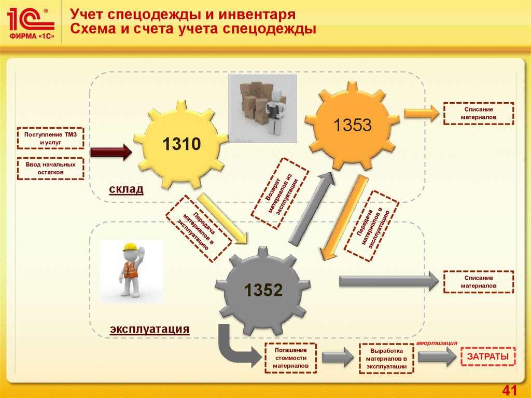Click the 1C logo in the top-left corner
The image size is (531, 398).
coord(31,24)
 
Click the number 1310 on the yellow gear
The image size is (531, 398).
coord(181,144)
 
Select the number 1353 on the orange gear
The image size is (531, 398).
coord(353,125)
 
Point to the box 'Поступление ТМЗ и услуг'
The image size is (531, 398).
coord(50,138)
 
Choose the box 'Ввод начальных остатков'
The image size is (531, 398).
coord(50,168)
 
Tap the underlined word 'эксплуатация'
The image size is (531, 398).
coord(149,329)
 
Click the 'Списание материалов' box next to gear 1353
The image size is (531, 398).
coord(479,114)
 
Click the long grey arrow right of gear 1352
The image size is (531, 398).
coord(388,281)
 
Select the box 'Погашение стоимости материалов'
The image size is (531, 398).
coord(290,358)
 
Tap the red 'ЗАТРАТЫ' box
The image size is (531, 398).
coord(488,356)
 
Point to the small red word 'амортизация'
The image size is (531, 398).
coord(436,342)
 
